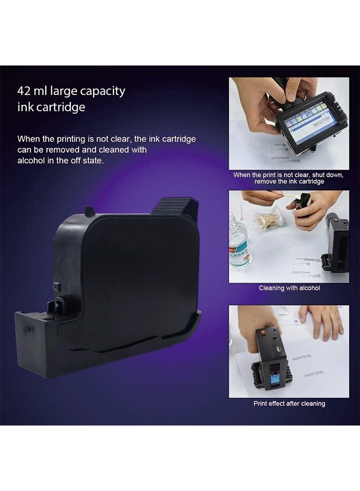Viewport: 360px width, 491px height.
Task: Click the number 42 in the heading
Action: click(25, 91)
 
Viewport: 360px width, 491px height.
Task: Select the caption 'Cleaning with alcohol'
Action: click(289, 288)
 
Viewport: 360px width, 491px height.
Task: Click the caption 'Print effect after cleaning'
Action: click(289, 404)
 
